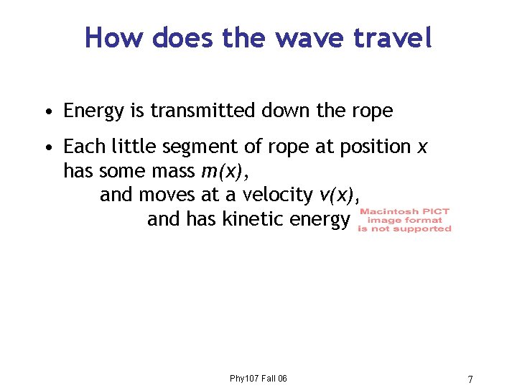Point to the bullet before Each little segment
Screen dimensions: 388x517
point(47,147)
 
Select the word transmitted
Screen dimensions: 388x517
point(200,111)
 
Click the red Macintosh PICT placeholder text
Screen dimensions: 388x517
point(405,220)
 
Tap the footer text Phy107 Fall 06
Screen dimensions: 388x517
point(258,379)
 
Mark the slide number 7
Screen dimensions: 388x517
point(470,379)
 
